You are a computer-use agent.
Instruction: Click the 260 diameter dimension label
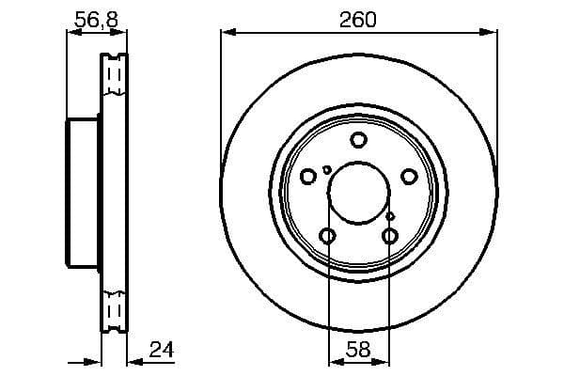pos(358,20)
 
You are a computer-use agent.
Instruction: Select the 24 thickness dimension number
pos(162,350)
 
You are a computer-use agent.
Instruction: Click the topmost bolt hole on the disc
pos(358,140)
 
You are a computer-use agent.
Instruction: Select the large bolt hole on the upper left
pos(308,176)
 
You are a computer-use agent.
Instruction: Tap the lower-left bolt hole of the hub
pos(327,235)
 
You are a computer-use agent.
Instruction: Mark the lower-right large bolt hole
pos(390,235)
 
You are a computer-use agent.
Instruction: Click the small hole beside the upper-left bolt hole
pos(326,170)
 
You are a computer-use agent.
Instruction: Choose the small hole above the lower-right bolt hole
pos(392,216)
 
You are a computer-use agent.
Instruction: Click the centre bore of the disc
pos(358,193)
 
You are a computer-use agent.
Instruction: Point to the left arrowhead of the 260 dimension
pos(227,34)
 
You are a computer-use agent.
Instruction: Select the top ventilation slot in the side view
pos(115,75)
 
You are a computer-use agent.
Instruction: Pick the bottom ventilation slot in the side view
pos(115,310)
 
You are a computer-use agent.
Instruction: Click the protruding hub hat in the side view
pos(82,193)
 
